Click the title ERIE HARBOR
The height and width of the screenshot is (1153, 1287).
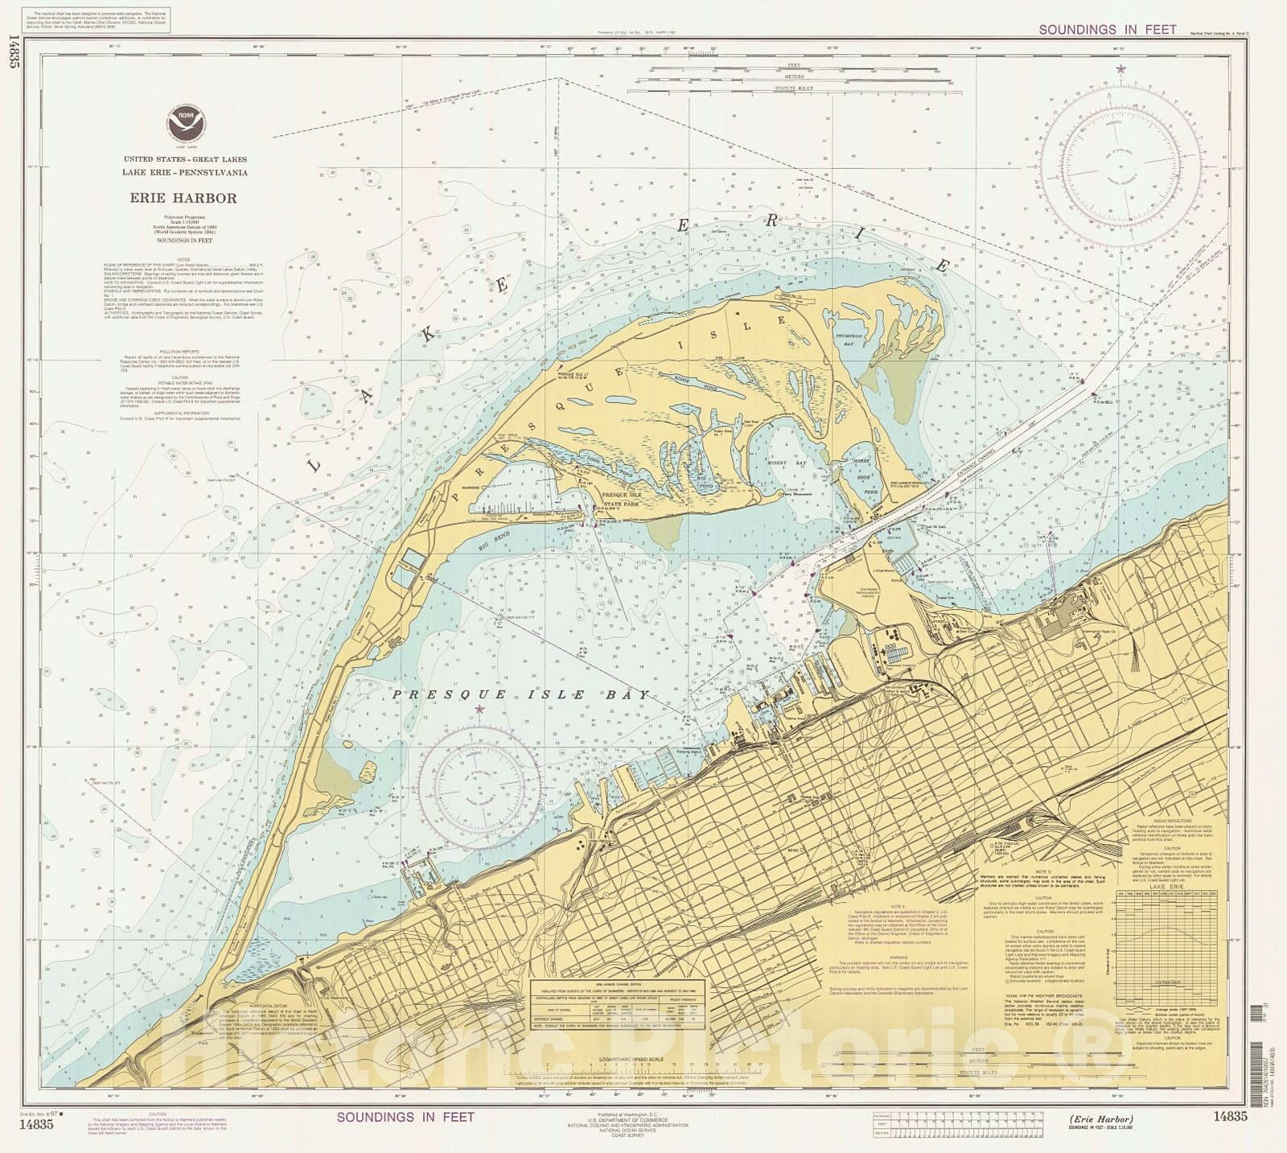(x=184, y=198)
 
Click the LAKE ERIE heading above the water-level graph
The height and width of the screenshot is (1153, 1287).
(x=1166, y=886)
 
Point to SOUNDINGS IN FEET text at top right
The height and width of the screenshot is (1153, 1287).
(x=1107, y=30)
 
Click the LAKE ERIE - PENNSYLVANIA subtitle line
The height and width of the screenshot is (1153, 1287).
(x=184, y=172)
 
